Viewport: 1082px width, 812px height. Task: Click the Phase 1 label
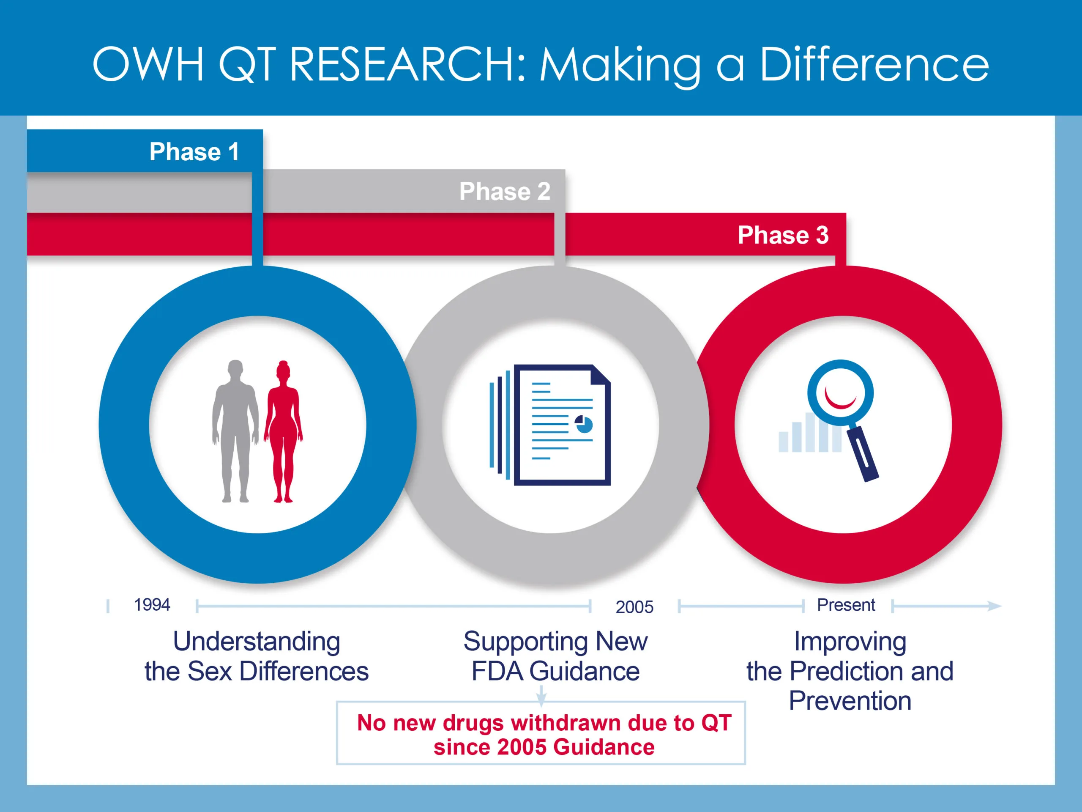click(194, 152)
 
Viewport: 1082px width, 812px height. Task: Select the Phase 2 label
click(505, 192)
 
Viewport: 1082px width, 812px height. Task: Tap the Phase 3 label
click(783, 235)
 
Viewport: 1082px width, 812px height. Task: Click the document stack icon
click(550, 425)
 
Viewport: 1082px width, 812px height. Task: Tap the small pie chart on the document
click(583, 424)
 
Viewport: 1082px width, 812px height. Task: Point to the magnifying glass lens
click(840, 392)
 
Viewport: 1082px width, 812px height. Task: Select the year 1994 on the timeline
click(152, 605)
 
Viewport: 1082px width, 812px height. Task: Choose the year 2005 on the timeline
click(634, 607)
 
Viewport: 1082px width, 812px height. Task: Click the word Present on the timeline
click(846, 605)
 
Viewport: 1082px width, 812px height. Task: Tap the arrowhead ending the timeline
click(995, 606)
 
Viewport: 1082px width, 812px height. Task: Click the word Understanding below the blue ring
click(257, 642)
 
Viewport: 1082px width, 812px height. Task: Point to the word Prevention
click(850, 701)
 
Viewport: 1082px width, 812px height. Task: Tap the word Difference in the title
click(874, 64)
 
